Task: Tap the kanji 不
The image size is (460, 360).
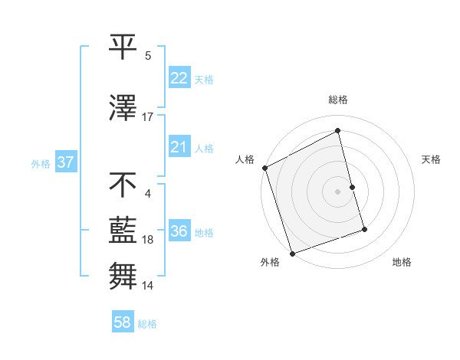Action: [x=123, y=185]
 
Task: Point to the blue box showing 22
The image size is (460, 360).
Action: [x=179, y=79]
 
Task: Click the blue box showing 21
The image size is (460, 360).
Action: [x=179, y=147]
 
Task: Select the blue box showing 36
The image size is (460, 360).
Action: [x=179, y=232]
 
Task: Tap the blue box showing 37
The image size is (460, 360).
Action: [x=65, y=163]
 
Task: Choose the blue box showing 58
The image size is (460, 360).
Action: [x=123, y=323]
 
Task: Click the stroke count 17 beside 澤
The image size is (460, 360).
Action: [x=148, y=117]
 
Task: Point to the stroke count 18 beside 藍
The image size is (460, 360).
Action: [x=148, y=240]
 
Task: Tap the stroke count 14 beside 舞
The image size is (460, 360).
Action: [x=148, y=286]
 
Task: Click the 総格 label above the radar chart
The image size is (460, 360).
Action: [x=338, y=100]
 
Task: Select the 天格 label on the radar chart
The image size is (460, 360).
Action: [x=432, y=159]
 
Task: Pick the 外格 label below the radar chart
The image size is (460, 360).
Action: [x=270, y=263]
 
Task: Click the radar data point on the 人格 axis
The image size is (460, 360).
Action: [x=264, y=168]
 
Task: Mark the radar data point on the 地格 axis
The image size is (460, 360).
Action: [x=364, y=229]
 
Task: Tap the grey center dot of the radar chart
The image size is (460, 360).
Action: [x=338, y=191]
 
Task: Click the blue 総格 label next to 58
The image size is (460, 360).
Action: [x=147, y=324]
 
